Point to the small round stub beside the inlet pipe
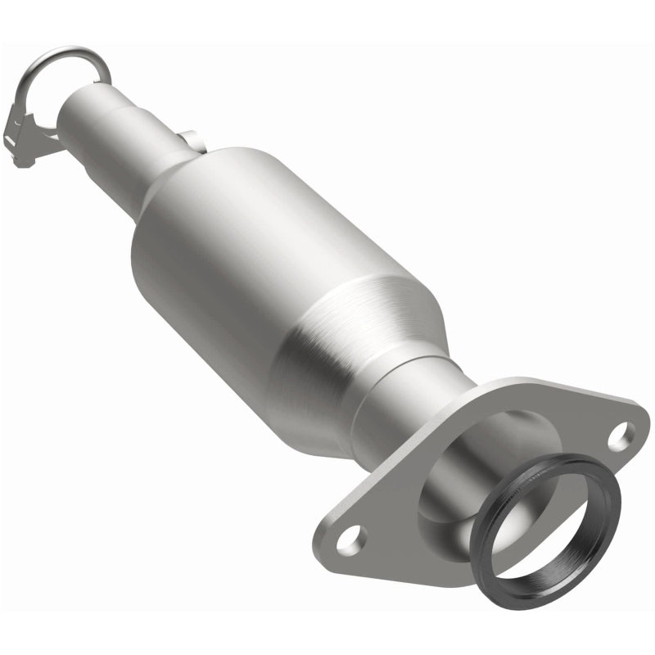click(x=187, y=138)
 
